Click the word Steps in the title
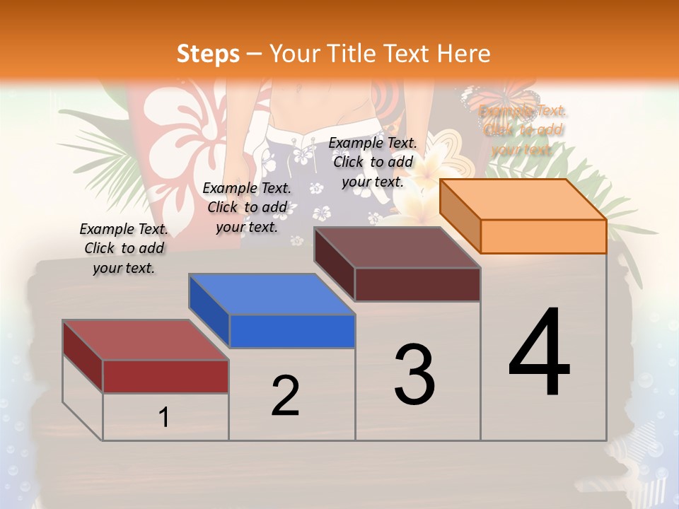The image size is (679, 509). point(208,53)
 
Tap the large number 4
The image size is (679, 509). point(539,353)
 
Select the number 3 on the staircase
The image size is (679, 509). point(414,375)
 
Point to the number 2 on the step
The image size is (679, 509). point(285,396)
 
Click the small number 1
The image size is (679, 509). point(164,418)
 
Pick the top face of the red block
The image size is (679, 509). point(145,340)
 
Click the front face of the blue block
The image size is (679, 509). point(292,331)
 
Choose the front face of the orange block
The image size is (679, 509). point(543,236)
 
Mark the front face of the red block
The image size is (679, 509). point(166,376)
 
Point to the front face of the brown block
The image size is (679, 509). point(417,284)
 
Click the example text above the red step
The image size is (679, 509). point(124,249)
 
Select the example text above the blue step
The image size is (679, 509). point(247,208)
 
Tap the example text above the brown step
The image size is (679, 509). point(373,162)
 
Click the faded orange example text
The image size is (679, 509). point(523,130)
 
